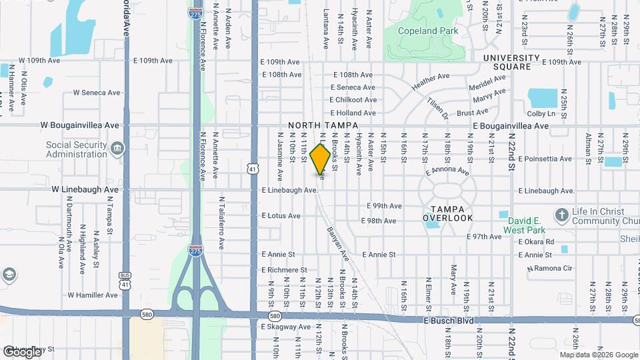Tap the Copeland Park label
[x=427, y=31]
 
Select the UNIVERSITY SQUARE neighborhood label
[x=517, y=62]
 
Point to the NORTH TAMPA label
[x=323, y=125]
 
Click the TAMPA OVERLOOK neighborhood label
[x=448, y=213]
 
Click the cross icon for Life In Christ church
[x=561, y=215]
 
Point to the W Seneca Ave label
[x=96, y=93]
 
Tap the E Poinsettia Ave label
[x=546, y=159]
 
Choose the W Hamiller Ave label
[x=92, y=295]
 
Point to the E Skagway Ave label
[x=285, y=327]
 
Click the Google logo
[x=22, y=351]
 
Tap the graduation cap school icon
[x=9, y=274]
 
